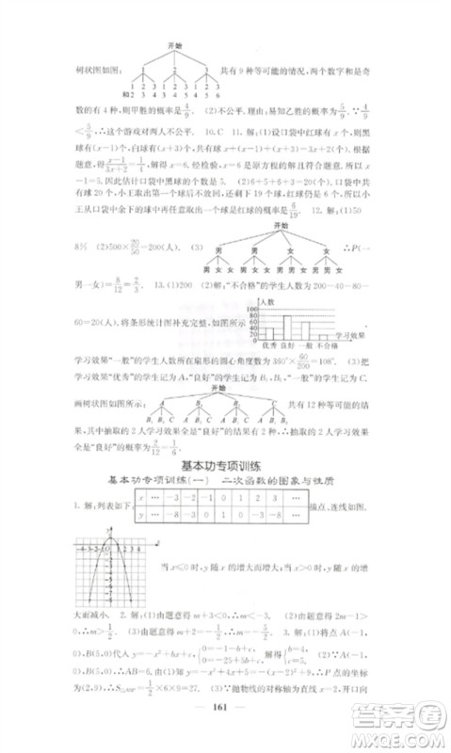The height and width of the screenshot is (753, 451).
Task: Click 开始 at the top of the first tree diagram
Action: (x=172, y=44)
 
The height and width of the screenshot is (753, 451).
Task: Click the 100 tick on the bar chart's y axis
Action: (x=251, y=309)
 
